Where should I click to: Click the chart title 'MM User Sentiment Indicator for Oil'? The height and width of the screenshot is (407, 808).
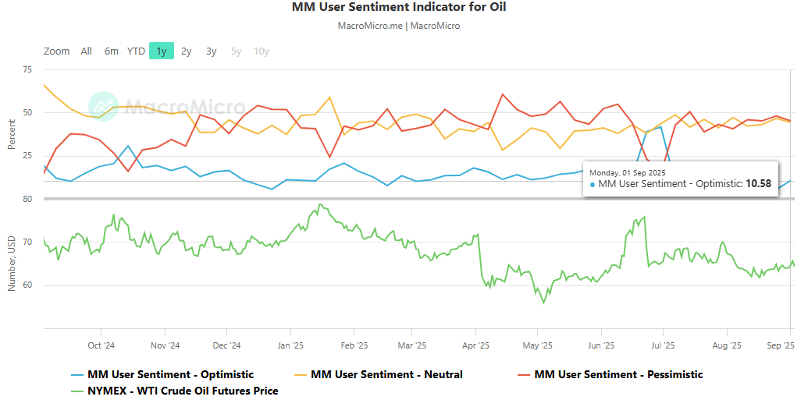pyautogui.click(x=399, y=7)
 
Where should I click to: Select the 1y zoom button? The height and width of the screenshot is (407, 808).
pyautogui.click(x=162, y=51)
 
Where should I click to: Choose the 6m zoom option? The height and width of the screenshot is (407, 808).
pyautogui.click(x=112, y=51)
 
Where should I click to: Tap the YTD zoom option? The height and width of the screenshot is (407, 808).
pyautogui.click(x=136, y=51)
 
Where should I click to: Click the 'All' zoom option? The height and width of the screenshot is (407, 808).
pyautogui.click(x=86, y=51)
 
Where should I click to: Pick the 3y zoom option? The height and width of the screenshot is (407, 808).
pyautogui.click(x=212, y=51)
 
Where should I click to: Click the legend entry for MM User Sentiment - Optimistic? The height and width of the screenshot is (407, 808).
pyautogui.click(x=162, y=374)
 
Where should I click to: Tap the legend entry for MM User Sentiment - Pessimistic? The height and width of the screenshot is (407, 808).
pyautogui.click(x=610, y=374)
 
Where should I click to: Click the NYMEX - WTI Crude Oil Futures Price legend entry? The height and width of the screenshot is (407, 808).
pyautogui.click(x=175, y=391)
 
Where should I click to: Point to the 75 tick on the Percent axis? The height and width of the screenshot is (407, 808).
pyautogui.click(x=27, y=69)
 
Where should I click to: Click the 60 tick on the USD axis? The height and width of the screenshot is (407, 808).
pyautogui.click(x=27, y=285)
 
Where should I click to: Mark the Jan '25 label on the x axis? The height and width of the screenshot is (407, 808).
pyautogui.click(x=290, y=345)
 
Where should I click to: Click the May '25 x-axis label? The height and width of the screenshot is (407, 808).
pyautogui.click(x=537, y=345)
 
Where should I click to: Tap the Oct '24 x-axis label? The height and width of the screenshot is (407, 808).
pyautogui.click(x=101, y=345)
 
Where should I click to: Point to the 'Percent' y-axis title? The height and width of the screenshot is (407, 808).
pyautogui.click(x=12, y=134)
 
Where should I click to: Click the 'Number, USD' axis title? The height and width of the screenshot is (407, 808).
pyautogui.click(x=12, y=264)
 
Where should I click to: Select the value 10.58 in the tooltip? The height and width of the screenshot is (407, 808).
pyautogui.click(x=759, y=184)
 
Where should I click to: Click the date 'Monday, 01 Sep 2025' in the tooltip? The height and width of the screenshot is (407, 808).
pyautogui.click(x=628, y=173)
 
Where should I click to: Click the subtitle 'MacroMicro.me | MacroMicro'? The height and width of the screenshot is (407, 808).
pyautogui.click(x=399, y=26)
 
